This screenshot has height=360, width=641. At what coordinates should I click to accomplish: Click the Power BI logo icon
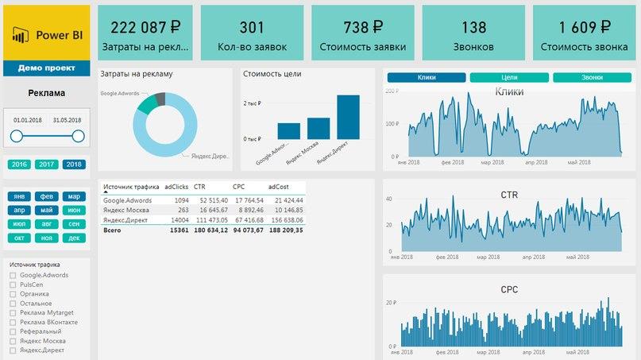pos(19,34)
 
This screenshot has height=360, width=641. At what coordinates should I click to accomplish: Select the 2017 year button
pos(47,165)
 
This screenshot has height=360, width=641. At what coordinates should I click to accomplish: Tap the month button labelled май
pos(47,211)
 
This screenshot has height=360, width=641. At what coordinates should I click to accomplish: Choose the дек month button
pos(74,238)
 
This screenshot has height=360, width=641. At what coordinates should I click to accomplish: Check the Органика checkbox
pos(13,293)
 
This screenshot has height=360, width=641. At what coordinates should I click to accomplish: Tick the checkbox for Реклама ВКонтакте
pos(13,322)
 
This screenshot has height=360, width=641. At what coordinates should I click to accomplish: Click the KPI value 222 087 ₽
pos(145,28)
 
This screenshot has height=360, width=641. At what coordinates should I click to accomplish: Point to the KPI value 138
pos(473,28)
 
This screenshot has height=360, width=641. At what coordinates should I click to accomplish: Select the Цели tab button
pos(509,78)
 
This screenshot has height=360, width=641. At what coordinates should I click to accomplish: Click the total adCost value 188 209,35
pos(285,230)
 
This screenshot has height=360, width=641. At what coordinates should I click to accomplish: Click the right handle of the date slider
pos(78,137)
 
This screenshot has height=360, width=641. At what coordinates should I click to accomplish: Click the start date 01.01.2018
pos(27,120)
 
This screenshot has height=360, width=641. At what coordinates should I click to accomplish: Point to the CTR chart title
pos(509,195)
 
